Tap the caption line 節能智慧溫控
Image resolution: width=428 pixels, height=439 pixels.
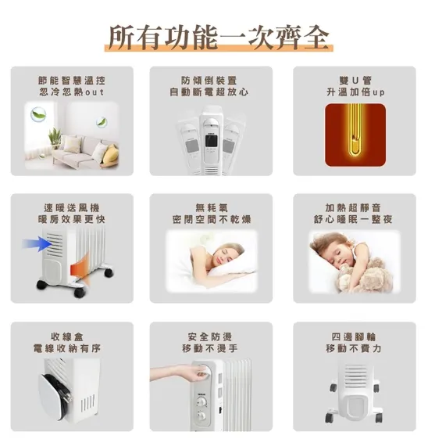pyautogui.click(x=72, y=80)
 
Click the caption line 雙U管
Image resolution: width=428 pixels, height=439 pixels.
pyautogui.click(x=354, y=80)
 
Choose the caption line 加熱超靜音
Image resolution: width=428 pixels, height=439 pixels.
pyautogui.click(x=355, y=207)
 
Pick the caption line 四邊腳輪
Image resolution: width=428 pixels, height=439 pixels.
pyautogui.click(x=355, y=335)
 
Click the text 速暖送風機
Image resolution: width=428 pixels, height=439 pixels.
pyautogui.click(x=72, y=207)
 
